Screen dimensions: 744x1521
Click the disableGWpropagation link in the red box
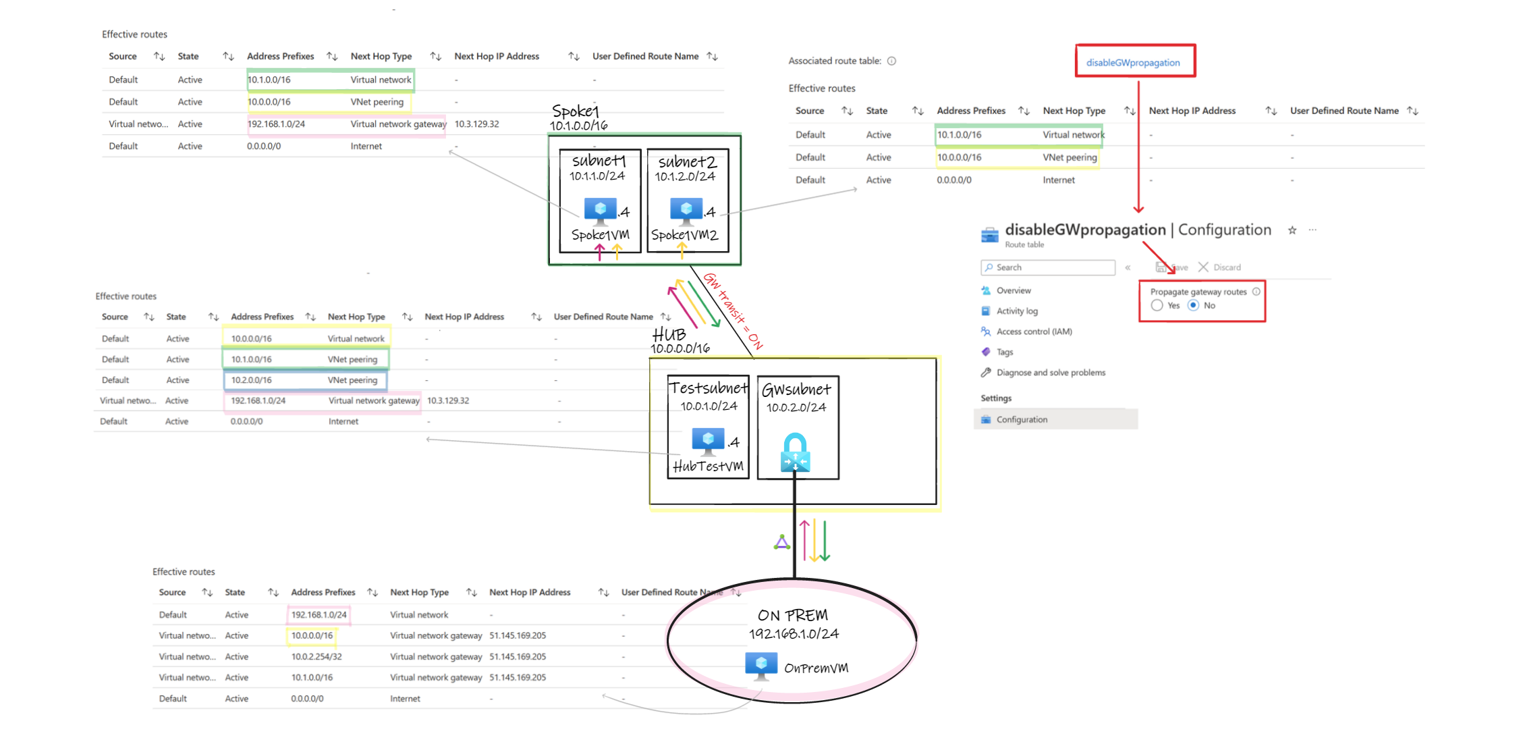tap(1132, 63)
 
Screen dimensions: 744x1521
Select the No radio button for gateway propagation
tap(1193, 306)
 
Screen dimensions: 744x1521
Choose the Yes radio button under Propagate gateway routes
tap(1157, 306)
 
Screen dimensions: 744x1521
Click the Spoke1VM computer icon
tap(600, 211)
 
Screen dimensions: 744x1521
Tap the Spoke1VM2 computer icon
tap(686, 211)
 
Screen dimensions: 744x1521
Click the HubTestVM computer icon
tap(707, 442)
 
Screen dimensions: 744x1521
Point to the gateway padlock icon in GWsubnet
tap(795, 452)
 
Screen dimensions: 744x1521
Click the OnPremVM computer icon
tap(761, 665)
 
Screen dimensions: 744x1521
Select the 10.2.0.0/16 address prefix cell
tap(251, 380)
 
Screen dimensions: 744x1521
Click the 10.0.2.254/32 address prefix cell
tap(316, 656)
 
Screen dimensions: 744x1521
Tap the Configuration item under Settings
tap(1022, 419)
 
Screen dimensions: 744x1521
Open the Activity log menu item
tap(1017, 311)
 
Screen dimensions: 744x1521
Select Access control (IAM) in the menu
tap(1034, 331)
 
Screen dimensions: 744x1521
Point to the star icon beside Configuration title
tap(1292, 230)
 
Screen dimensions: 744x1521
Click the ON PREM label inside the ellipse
tap(792, 615)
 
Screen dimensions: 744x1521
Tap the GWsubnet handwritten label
tap(796, 390)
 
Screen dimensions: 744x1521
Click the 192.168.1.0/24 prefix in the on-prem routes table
tap(319, 615)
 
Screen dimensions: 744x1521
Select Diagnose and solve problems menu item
tap(1050, 373)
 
